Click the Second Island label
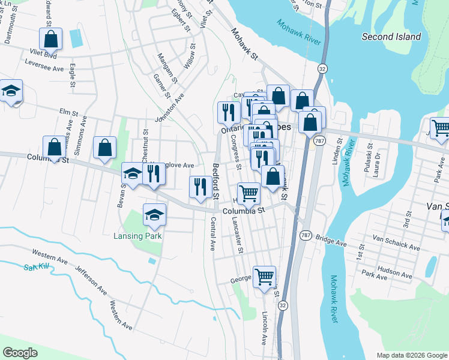coord(391,37)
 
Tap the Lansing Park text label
coord(138,236)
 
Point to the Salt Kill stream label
coord(36,266)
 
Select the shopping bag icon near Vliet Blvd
coord(52,40)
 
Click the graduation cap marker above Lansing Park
coord(154,215)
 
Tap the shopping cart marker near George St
coord(264,277)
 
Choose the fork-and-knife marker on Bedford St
coord(200,187)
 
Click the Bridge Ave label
coord(331,241)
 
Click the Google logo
coord(20,353)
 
